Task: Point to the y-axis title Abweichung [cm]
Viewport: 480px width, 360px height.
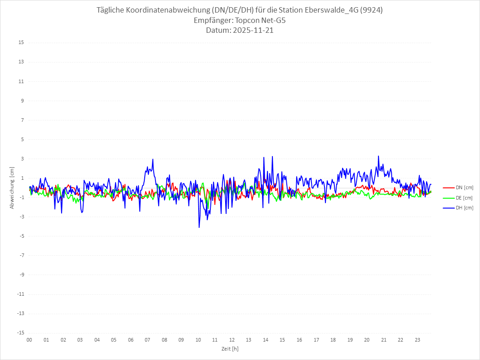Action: point(12,188)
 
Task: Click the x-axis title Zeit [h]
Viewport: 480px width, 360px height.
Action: point(230,349)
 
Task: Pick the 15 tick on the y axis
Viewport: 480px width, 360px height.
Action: point(21,43)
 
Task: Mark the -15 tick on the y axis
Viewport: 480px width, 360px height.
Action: point(20,333)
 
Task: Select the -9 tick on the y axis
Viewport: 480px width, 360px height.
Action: point(21,275)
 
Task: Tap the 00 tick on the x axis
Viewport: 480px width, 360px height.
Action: point(29,340)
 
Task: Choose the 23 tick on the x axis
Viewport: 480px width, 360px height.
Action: point(418,340)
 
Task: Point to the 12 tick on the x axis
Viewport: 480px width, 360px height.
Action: point(232,340)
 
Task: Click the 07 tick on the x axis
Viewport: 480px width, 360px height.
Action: point(147,340)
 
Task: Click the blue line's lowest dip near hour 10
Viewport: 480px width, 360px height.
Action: point(199,227)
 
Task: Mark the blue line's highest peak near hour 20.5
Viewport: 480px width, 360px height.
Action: point(378,156)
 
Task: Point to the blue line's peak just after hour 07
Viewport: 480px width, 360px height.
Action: point(153,159)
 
